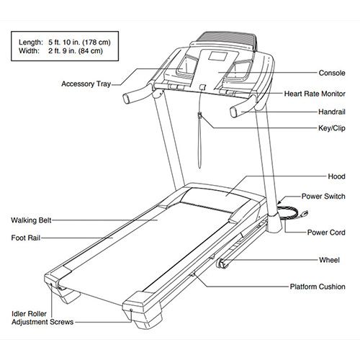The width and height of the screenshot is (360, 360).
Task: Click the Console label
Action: click(x=332, y=73)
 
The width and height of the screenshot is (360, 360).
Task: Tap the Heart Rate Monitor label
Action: click(x=315, y=94)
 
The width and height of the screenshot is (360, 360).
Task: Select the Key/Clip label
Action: click(x=332, y=128)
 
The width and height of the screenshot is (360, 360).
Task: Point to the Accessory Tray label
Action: click(x=86, y=84)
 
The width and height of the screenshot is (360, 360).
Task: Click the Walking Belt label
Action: click(x=31, y=220)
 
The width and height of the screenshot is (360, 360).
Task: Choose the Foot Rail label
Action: click(x=26, y=238)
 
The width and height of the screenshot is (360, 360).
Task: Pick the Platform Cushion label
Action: click(x=318, y=287)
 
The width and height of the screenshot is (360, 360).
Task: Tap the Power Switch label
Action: click(x=323, y=196)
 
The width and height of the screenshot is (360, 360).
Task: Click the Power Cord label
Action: click(x=326, y=233)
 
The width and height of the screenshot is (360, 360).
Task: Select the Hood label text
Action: click(x=336, y=176)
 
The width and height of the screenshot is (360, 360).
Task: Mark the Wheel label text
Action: click(x=329, y=260)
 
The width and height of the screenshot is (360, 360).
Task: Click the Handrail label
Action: click(x=332, y=112)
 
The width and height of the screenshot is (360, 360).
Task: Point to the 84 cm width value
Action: click(x=89, y=51)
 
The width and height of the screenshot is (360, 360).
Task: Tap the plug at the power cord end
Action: click(x=305, y=213)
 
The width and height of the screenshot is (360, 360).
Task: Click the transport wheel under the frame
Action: click(x=222, y=264)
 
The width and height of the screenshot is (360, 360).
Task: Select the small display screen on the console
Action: click(x=217, y=56)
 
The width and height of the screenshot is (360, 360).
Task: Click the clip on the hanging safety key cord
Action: click(x=199, y=115)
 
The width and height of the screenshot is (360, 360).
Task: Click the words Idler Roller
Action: click(x=29, y=314)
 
